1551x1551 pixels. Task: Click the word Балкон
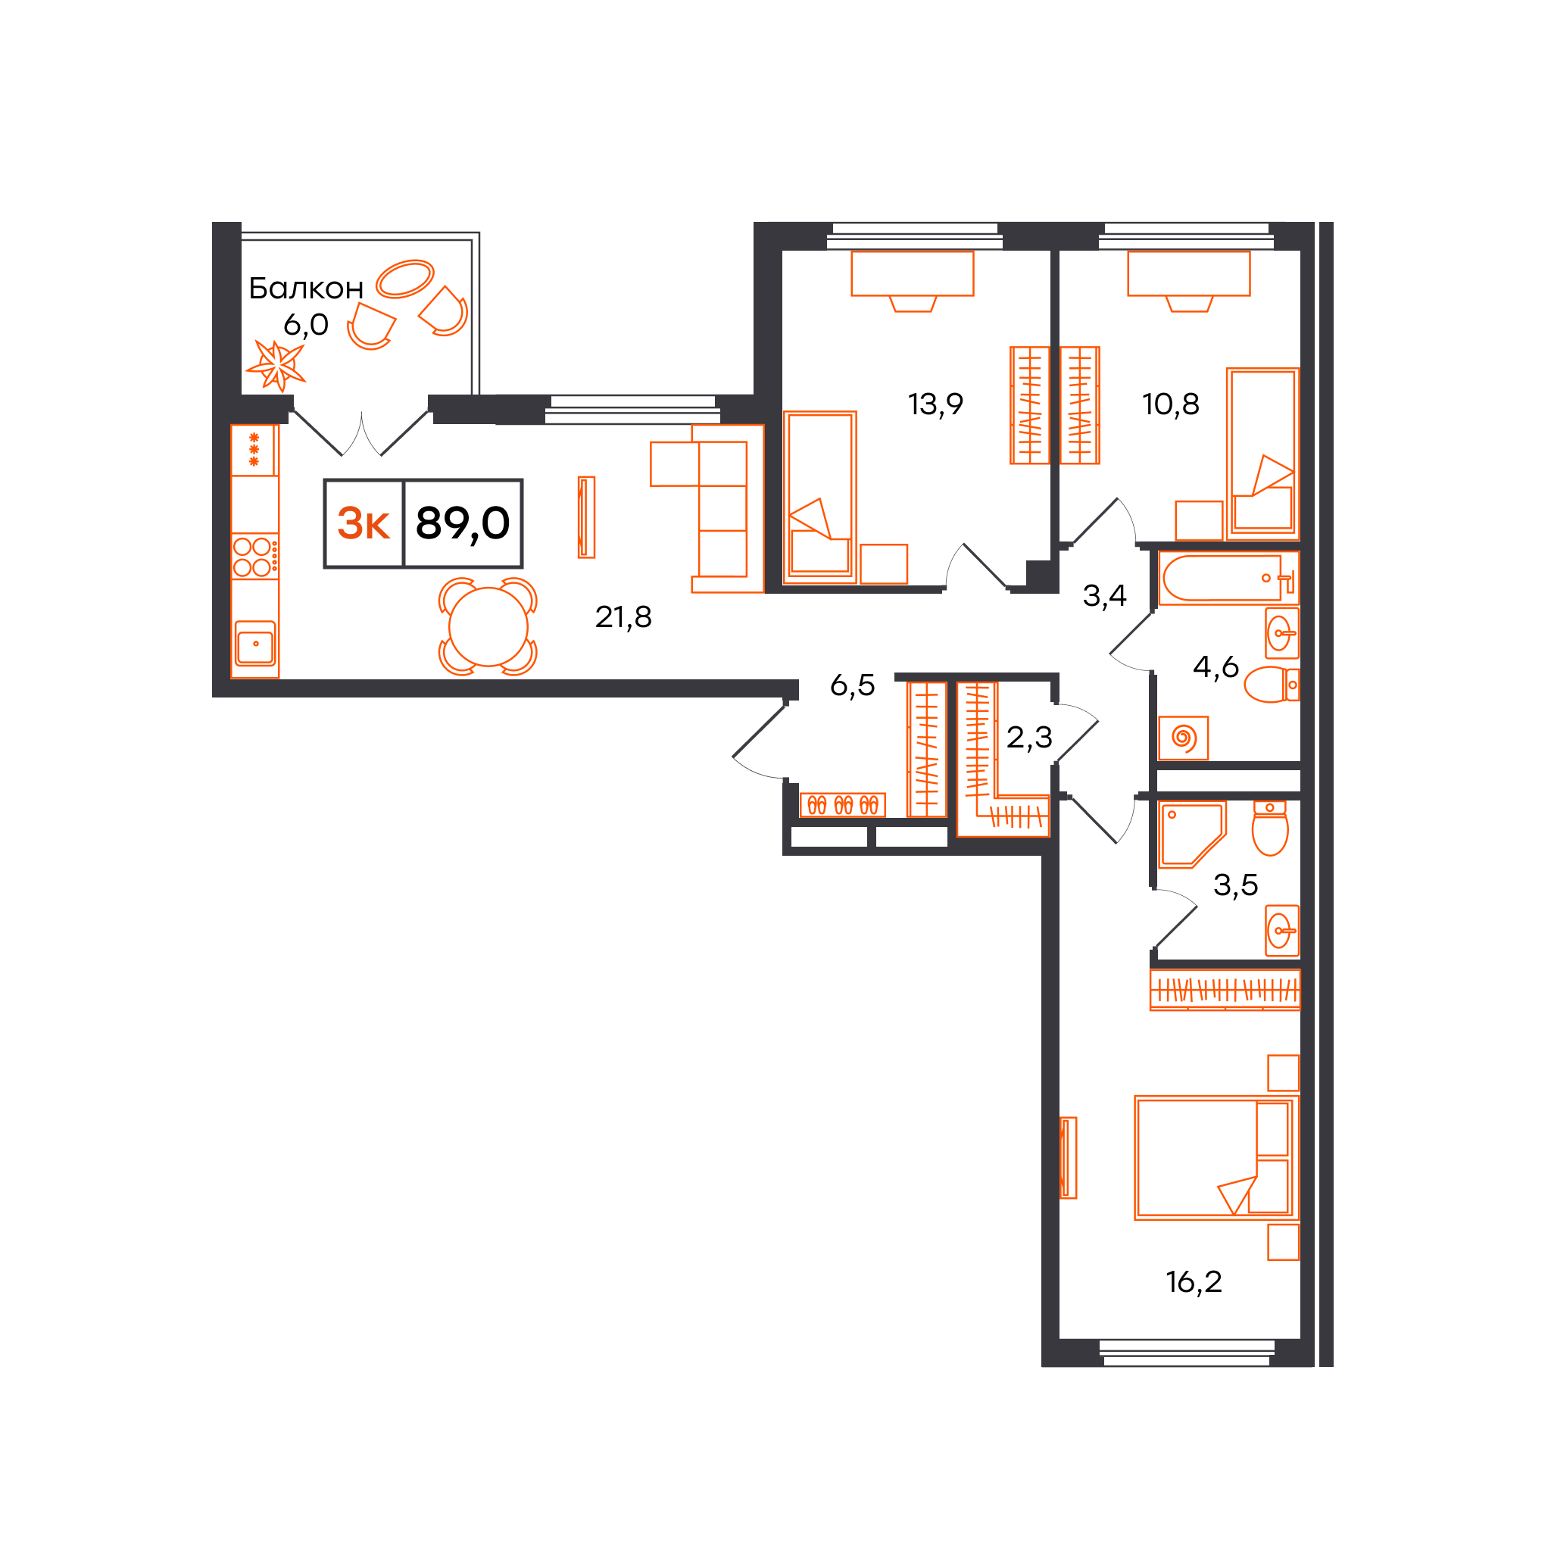coord(306,289)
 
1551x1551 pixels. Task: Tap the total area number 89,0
coord(463,523)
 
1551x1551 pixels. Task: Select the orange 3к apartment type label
coord(364,523)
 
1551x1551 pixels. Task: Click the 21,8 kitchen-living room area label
coord(623,616)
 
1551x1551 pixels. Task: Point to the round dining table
coord(488,627)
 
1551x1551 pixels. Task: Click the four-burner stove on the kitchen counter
coord(255,557)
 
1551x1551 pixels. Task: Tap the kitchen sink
coord(255,644)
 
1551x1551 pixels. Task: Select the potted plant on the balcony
coord(276,365)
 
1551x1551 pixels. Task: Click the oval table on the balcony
coord(405,279)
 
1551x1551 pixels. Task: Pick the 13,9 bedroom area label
coord(935,404)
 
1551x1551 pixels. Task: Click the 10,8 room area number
coord(1171,404)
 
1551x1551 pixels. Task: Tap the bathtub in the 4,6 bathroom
coord(1228,578)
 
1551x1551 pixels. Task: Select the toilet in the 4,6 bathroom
coord(1272,685)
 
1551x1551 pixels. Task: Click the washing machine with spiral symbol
coord(1184,738)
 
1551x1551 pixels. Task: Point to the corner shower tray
coord(1192,835)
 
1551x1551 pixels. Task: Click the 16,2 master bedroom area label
coord(1194,1282)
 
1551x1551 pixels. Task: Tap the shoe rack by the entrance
coord(842,805)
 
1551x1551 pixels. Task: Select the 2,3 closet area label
coord(1029,737)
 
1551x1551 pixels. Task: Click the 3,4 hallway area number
coord(1105,596)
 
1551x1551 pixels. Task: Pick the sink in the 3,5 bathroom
coord(1282,931)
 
